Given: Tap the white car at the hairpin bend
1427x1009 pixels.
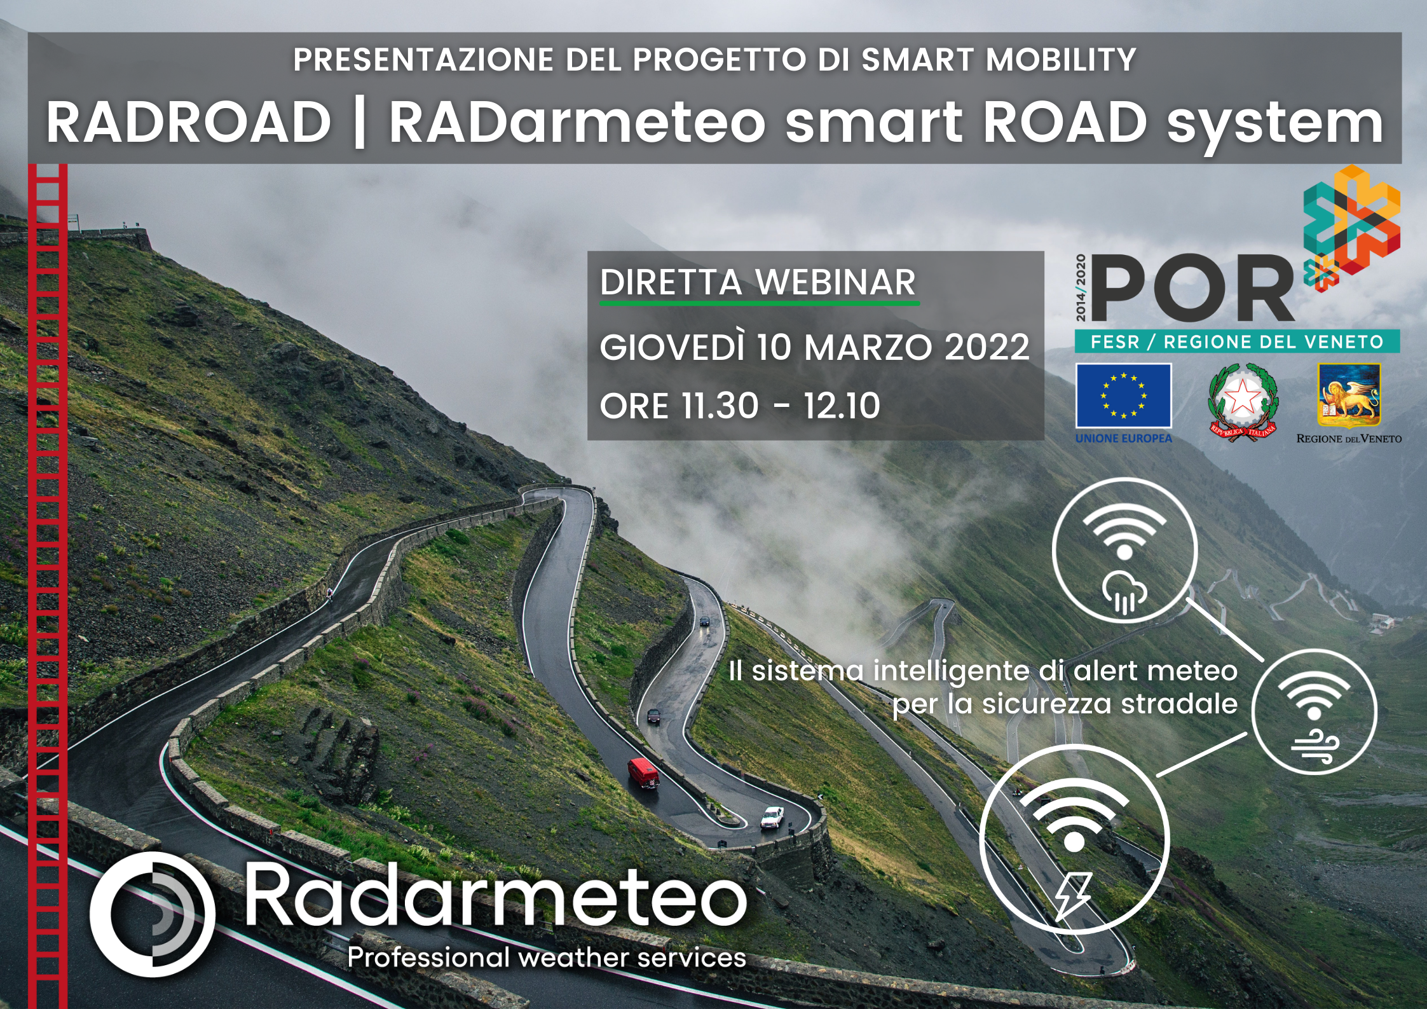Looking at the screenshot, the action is click(772, 817).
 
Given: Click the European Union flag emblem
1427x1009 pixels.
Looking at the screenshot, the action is click(1123, 395).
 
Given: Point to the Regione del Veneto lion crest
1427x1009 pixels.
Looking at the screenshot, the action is click(1349, 395).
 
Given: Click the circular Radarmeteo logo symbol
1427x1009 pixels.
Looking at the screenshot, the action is click(153, 914).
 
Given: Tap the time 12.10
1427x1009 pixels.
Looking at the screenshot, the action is click(842, 406).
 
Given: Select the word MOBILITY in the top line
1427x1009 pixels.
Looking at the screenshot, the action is click(1061, 59).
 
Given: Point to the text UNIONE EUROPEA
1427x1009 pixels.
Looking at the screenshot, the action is click(1123, 438).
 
